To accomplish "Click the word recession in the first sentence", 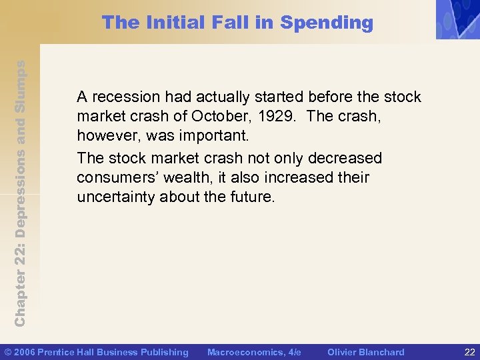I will [125, 97].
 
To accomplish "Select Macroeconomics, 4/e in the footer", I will [254, 352].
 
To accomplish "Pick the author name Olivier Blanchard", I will [365, 352].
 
